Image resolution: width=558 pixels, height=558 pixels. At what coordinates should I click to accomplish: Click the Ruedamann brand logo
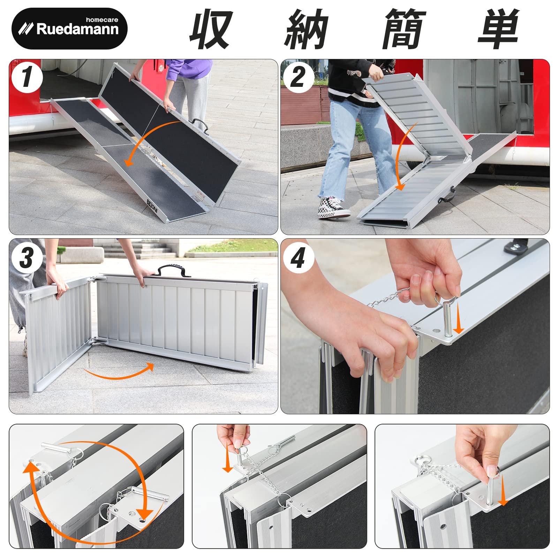pyautogui.click(x=69, y=28)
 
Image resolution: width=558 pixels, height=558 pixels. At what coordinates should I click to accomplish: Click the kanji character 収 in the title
pyautogui.click(x=211, y=30)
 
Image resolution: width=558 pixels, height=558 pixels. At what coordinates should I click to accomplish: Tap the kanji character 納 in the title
pyautogui.click(x=307, y=30)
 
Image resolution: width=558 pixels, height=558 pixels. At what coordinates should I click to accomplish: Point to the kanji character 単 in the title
pyautogui.click(x=499, y=30)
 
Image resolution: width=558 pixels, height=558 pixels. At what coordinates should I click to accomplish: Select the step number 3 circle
pyautogui.click(x=27, y=258)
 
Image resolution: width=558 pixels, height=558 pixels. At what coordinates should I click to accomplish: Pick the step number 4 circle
pyautogui.click(x=298, y=258)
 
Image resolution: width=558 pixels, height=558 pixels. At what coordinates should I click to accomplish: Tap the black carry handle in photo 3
pyautogui.click(x=173, y=271)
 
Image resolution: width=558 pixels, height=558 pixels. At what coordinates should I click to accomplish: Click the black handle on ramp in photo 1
pyautogui.click(x=200, y=125)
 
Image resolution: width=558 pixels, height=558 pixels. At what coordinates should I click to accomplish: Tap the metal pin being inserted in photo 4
pyautogui.click(x=447, y=319)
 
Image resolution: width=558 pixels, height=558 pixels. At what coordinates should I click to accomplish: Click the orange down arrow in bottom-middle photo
pyautogui.click(x=227, y=457)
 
